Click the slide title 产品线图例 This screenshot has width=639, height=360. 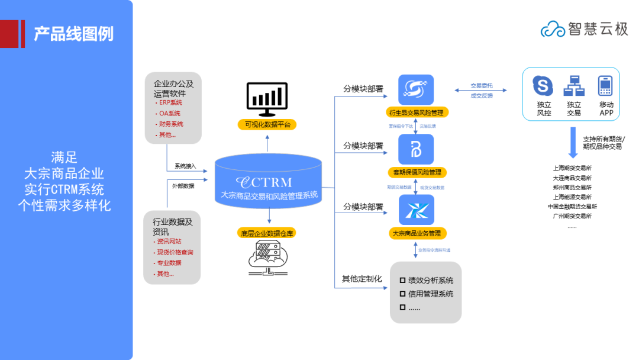73,34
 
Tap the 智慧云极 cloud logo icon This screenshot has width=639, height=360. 553,28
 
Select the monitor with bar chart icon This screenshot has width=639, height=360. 267,99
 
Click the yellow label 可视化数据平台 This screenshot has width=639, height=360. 267,124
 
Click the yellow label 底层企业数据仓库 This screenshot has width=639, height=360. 267,233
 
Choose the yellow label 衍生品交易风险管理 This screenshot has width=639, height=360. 416,112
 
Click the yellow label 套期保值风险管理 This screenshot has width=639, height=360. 417,172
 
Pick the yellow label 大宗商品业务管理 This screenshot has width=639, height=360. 417,233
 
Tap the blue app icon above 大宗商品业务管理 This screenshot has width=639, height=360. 416,208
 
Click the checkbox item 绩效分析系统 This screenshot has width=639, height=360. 430,280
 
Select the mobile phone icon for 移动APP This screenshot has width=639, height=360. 605,86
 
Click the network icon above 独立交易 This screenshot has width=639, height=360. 573,86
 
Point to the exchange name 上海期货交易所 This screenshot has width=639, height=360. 572,168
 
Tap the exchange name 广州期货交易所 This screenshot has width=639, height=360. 572,216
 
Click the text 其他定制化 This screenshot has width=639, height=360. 362,278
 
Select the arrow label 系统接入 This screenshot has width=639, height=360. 185,166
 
